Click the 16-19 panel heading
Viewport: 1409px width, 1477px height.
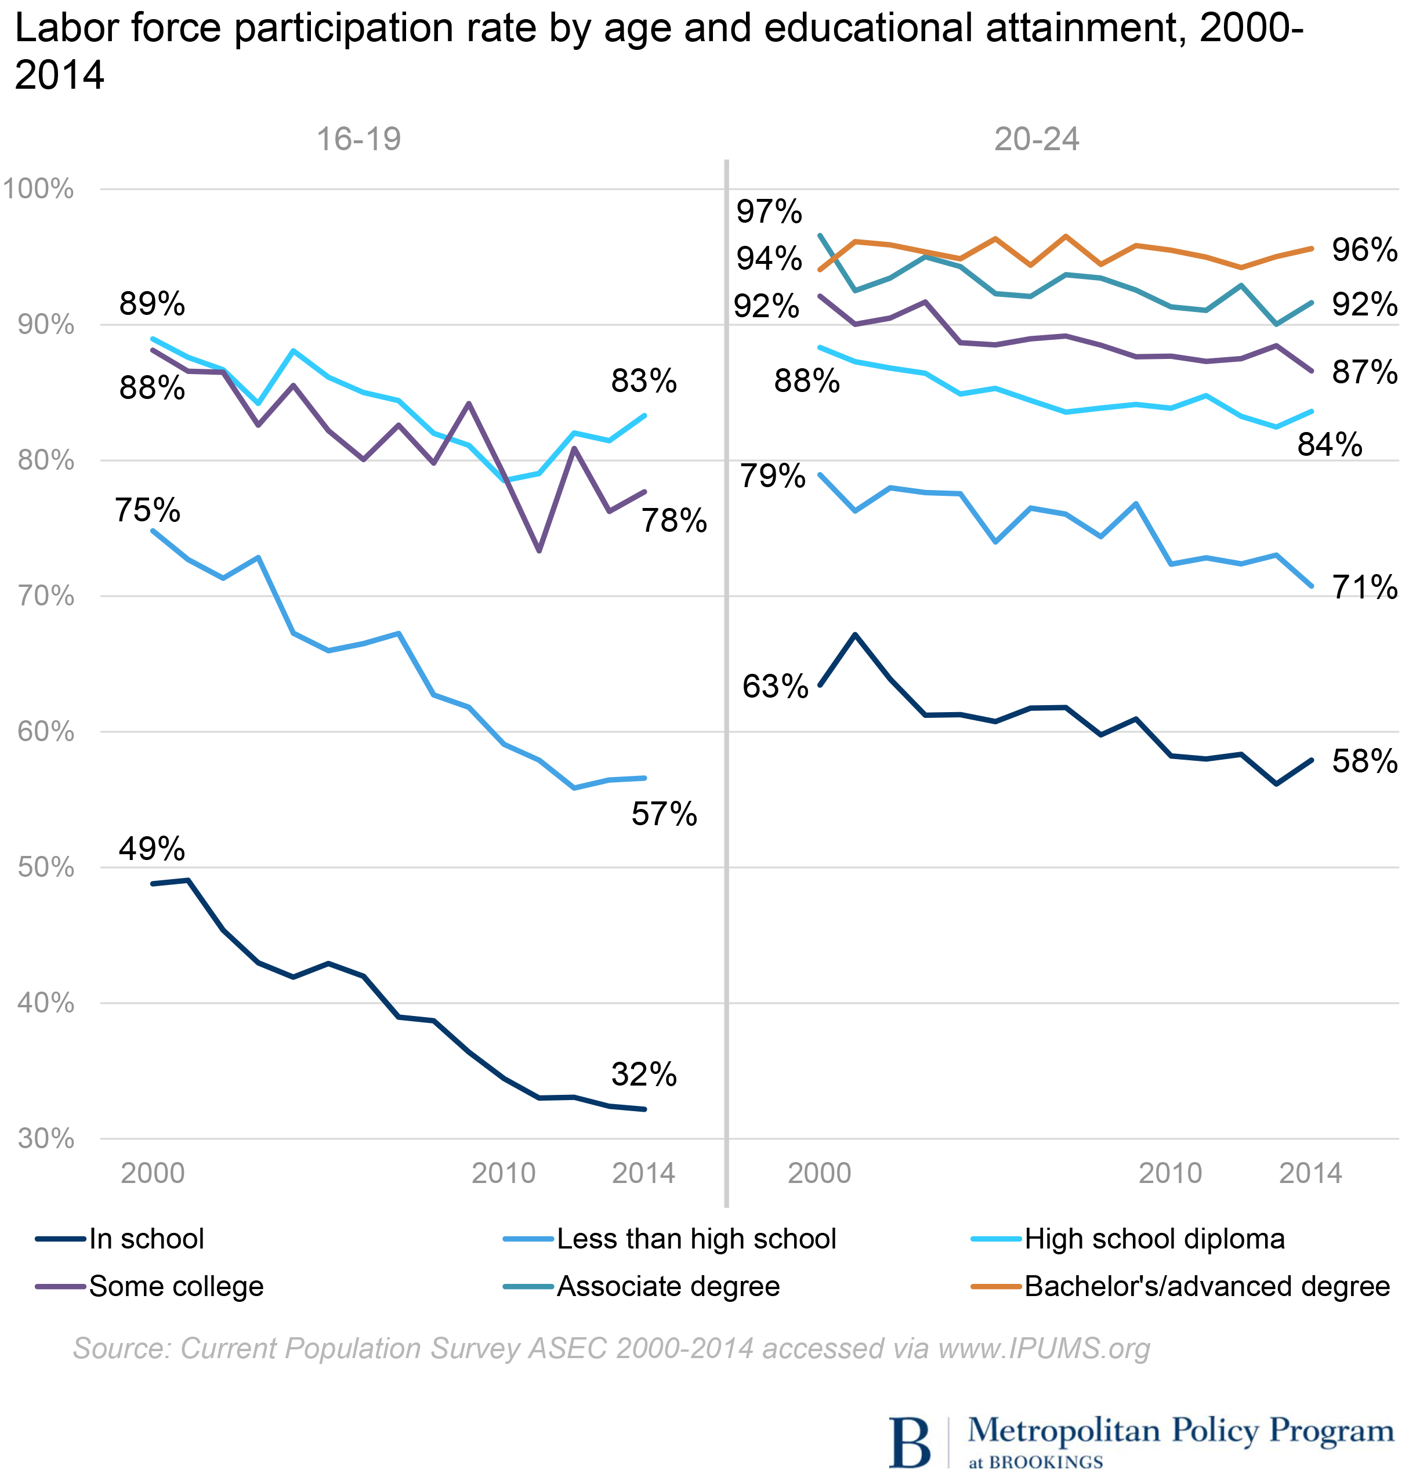(359, 140)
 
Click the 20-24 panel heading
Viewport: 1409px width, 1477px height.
(1037, 140)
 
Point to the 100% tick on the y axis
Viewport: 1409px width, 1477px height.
(38, 189)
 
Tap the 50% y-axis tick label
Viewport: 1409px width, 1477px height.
(46, 868)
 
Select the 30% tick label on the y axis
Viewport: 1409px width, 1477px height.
(46, 1139)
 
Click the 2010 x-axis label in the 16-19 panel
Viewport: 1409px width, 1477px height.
(504, 1174)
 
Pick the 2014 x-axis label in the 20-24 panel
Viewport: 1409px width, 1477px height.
(1310, 1174)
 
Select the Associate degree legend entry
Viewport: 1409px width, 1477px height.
(668, 1286)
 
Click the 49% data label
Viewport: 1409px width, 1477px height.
(152, 849)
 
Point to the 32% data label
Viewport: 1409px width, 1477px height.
(644, 1075)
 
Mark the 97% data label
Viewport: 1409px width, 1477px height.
(769, 212)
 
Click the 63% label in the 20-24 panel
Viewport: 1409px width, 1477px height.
(775, 687)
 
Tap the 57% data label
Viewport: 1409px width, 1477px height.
(664, 814)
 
